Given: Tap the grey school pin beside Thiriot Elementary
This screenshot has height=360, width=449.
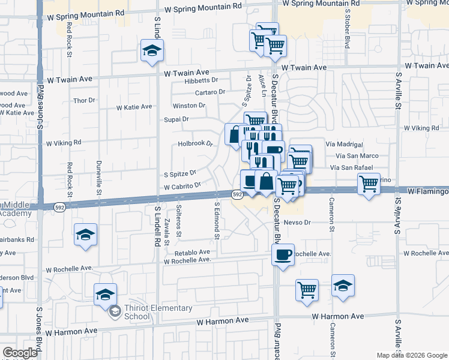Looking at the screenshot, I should coord(115,311).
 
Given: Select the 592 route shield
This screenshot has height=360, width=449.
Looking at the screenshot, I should coord(237,194).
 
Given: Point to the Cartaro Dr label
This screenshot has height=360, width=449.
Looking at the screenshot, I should coord(209,92).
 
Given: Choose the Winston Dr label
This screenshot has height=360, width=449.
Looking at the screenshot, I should coord(189,106).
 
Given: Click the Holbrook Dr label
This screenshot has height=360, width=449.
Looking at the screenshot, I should coord(196,144).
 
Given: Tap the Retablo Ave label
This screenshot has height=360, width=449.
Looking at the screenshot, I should coord(193,253).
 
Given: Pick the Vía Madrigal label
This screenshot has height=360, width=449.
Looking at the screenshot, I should coord(344,145).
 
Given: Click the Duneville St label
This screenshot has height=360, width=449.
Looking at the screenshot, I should coord(99,173).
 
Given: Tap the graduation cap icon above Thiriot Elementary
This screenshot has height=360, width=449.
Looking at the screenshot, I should coord(105,294).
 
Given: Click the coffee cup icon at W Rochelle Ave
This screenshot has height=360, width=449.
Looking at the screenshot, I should coord(283,254).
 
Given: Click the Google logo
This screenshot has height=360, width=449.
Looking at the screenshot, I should coord(20,353).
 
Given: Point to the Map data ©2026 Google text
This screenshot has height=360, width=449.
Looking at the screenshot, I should coord(412,355).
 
